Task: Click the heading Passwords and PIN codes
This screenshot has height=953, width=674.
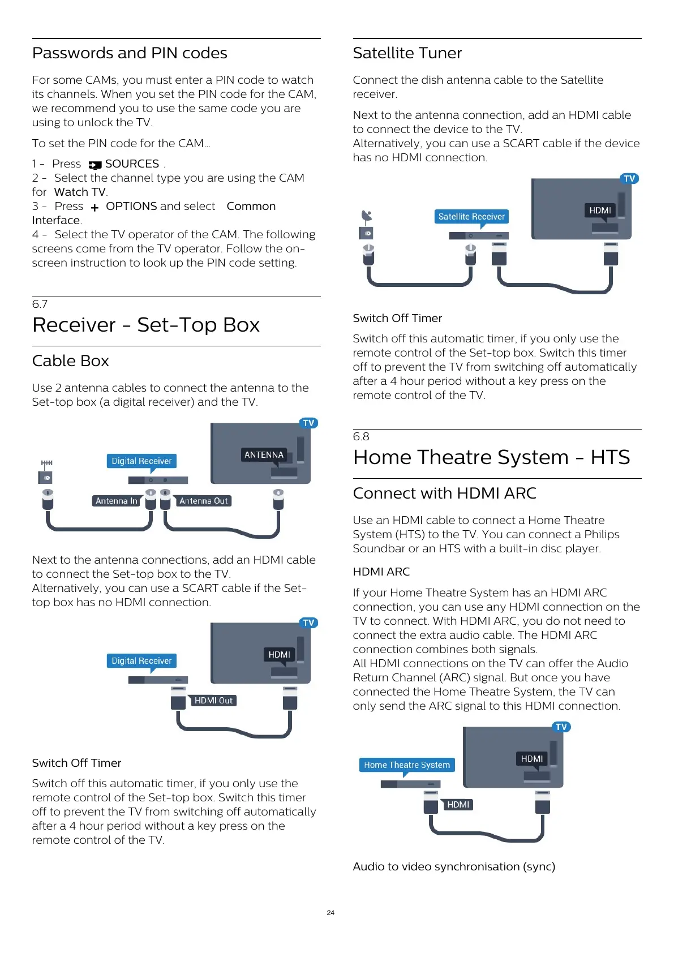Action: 130,53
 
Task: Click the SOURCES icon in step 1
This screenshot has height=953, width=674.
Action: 95,165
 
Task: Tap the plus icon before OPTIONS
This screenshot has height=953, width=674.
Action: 95,208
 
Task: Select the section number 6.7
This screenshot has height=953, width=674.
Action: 40,304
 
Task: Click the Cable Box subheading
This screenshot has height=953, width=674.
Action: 70,361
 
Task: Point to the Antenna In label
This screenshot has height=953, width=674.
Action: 116,501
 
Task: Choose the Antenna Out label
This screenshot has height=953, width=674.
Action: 204,501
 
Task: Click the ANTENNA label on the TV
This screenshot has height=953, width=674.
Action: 264,455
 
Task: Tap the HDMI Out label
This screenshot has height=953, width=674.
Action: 213,701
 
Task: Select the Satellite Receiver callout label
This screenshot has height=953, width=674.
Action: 471,217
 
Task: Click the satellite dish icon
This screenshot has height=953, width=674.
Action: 367,216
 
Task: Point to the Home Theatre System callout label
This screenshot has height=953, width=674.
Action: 407,765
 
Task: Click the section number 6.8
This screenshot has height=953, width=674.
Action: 361,436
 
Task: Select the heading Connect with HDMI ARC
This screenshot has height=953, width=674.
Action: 444,493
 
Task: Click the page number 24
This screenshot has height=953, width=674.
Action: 330,913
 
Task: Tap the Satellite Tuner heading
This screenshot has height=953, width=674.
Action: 407,53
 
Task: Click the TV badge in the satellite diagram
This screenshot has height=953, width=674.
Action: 629,179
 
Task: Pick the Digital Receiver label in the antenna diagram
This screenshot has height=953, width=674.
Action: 141,461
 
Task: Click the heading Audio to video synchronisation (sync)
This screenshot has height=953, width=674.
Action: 454,867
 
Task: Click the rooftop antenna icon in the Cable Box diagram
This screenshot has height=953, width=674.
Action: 46,463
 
